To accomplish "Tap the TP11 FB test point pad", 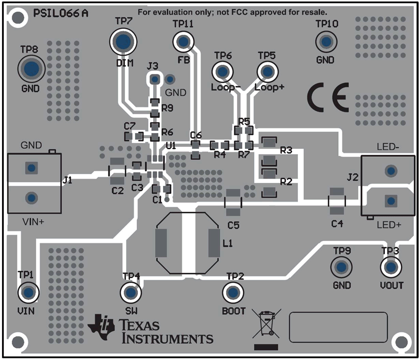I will pyautogui.click(x=183, y=41).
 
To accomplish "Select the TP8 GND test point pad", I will pyautogui.click(x=31, y=68).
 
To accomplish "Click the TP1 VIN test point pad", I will pyautogui.click(x=28, y=292).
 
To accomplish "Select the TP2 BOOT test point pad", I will pyautogui.click(x=232, y=292).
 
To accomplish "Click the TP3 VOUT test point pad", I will pyautogui.click(x=390, y=268).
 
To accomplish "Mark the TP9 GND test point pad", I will pyautogui.click(x=341, y=267).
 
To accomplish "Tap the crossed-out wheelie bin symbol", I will pyautogui.click(x=265, y=324).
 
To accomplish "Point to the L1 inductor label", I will pyautogui.click(x=229, y=243).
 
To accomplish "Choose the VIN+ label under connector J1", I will pyautogui.click(x=33, y=222).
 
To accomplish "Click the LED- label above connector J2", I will pyautogui.click(x=387, y=147).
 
